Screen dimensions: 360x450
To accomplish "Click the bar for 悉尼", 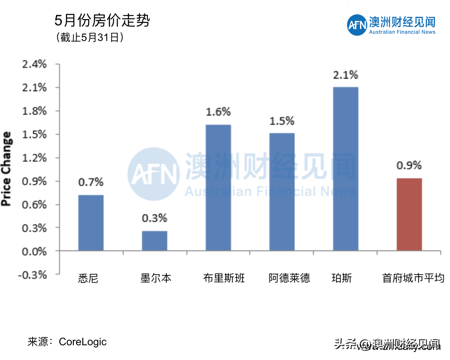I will point(91,223).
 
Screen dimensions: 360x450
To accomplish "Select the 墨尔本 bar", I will point(154,241).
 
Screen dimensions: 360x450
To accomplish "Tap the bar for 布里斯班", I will point(218,188).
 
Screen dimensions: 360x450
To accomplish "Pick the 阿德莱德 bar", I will point(282,192).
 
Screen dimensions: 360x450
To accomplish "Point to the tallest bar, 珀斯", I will point(345,169).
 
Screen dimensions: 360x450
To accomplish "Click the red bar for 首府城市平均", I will point(409,214).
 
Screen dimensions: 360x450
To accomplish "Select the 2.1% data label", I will point(346,75).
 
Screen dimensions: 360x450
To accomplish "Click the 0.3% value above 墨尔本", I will point(154,218).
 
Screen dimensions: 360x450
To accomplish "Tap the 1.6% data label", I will point(218,112).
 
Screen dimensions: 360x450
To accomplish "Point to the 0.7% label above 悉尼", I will point(91,183).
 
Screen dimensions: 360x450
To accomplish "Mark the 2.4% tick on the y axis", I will point(35,64).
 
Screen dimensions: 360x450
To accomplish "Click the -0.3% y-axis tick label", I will point(34,275).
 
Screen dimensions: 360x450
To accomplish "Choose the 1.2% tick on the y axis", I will point(35,158).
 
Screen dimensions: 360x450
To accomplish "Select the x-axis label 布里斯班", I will point(224,278).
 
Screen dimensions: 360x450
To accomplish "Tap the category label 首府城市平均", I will point(413,278).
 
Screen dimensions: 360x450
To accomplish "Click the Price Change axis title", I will point(7,169).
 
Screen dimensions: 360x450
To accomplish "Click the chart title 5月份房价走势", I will point(102,21).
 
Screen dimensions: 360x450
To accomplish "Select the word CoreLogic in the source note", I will point(83,342).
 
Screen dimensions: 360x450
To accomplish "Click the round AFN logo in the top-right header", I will point(357,26).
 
